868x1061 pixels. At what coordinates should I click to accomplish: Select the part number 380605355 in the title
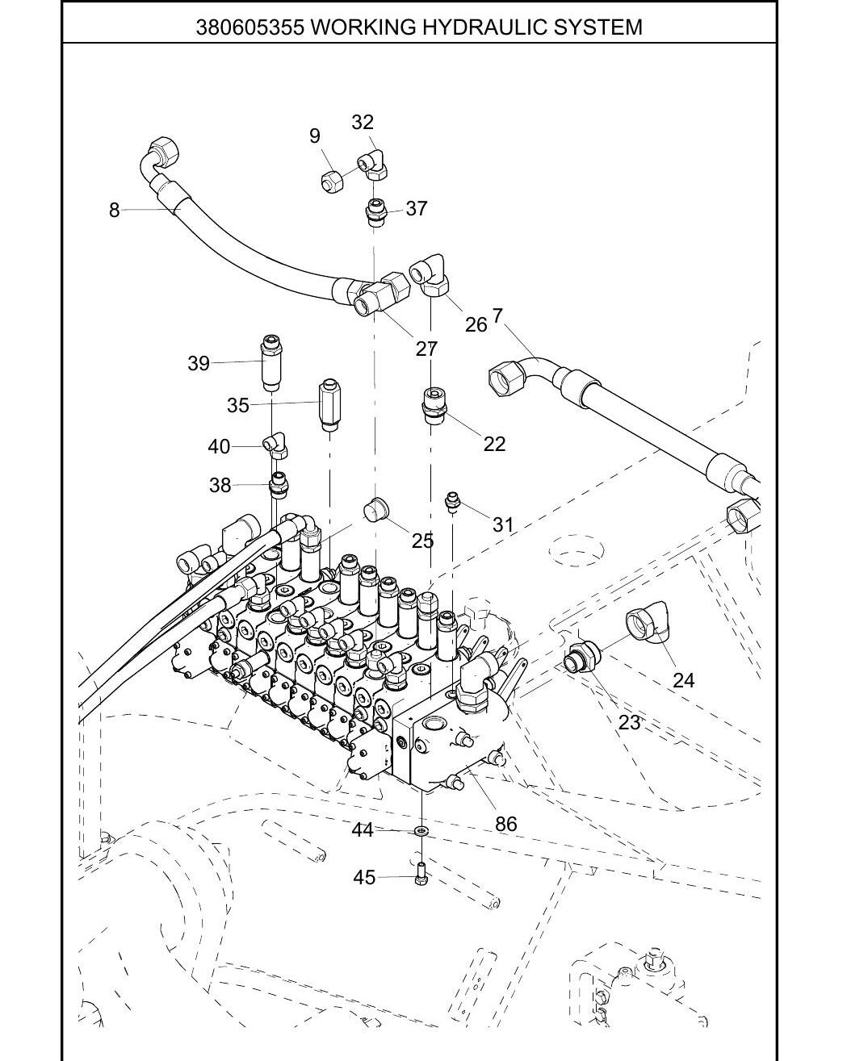click(x=249, y=27)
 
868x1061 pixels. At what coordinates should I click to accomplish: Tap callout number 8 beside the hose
click(x=115, y=210)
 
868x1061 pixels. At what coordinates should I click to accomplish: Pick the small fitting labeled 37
click(x=375, y=212)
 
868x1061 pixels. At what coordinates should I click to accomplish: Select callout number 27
click(x=426, y=349)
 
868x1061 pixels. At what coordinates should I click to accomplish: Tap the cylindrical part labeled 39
click(x=271, y=363)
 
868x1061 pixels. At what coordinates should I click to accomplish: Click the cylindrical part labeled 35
click(x=329, y=404)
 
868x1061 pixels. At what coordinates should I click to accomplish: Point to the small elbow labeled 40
click(x=275, y=445)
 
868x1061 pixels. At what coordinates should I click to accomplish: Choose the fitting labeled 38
click(x=279, y=484)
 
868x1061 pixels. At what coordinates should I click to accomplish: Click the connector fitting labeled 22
click(x=432, y=405)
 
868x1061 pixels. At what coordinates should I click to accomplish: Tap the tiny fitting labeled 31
click(x=452, y=503)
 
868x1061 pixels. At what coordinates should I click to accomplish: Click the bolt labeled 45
click(x=421, y=876)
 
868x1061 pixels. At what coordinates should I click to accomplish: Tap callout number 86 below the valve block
click(x=506, y=824)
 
